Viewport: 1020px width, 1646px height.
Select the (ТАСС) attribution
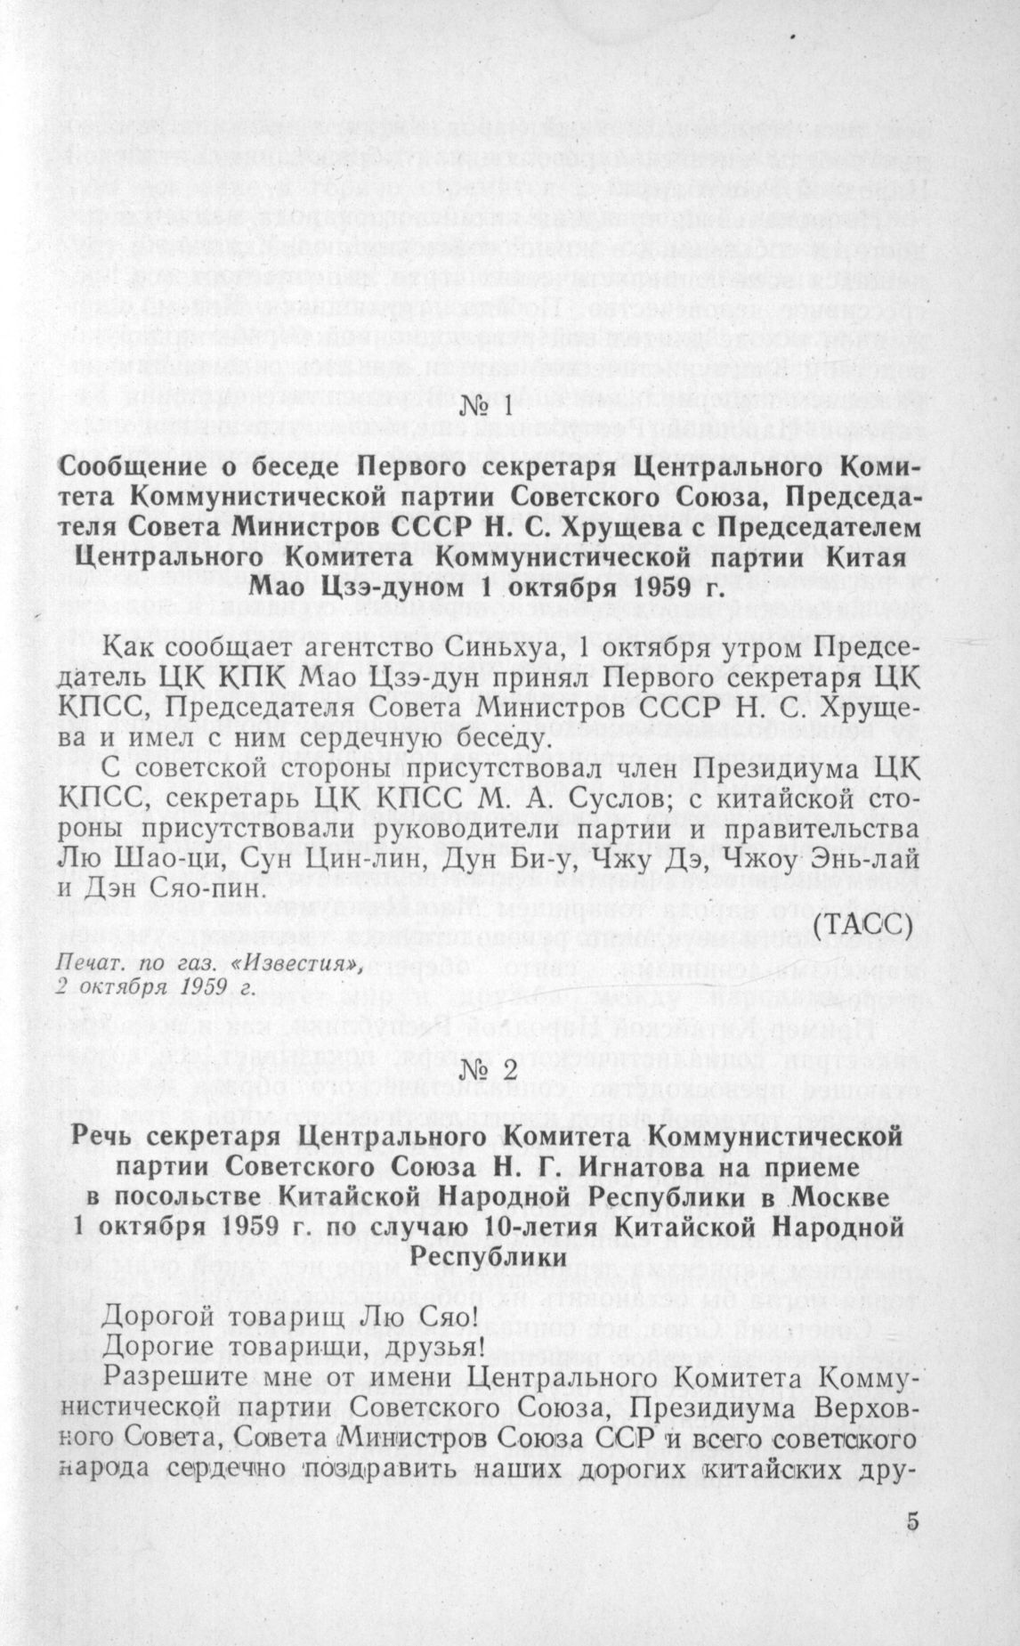click(x=863, y=924)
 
